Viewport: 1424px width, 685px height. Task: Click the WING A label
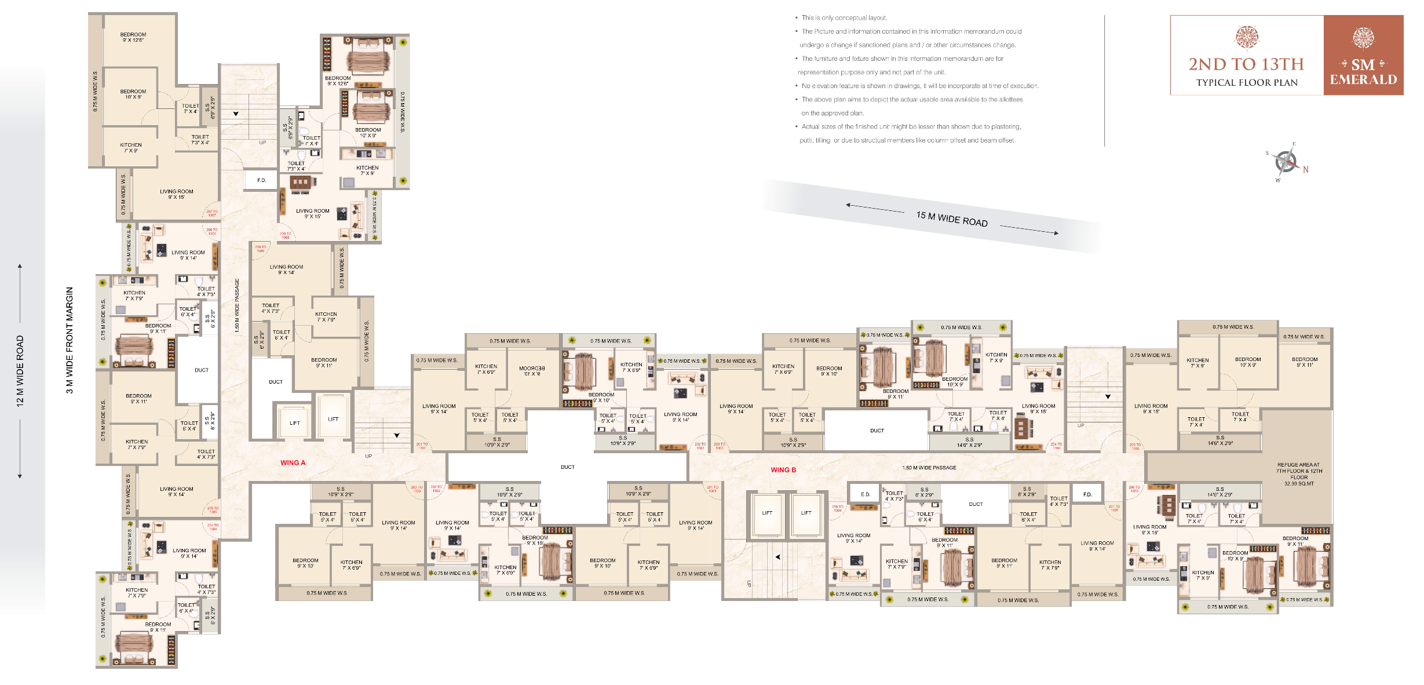[293, 462]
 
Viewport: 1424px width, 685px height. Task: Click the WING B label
[783, 470]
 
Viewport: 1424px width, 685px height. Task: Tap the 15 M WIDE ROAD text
[951, 219]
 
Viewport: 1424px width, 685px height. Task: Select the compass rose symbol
[1286, 161]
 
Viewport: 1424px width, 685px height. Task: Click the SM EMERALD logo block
[1363, 56]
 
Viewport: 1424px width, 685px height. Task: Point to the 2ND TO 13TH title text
[1246, 64]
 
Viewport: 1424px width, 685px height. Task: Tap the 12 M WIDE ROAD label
[20, 371]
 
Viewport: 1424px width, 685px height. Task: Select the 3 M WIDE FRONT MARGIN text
[70, 340]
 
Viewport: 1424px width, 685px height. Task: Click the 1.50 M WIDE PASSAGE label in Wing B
[929, 468]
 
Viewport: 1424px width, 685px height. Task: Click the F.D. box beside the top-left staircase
[262, 180]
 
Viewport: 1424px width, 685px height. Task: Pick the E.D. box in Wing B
[865, 494]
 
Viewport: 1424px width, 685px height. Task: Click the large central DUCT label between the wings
[567, 467]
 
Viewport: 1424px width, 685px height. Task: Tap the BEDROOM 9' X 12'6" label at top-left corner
[133, 37]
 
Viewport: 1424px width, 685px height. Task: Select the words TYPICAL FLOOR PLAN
[1247, 83]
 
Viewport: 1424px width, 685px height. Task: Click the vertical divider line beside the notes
[1104, 81]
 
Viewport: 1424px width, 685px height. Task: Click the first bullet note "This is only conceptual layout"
[844, 18]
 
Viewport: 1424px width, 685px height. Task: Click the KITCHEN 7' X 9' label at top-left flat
[131, 148]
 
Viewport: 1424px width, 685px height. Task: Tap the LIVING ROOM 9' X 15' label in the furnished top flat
[312, 213]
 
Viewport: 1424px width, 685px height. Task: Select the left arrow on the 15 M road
[849, 205]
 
